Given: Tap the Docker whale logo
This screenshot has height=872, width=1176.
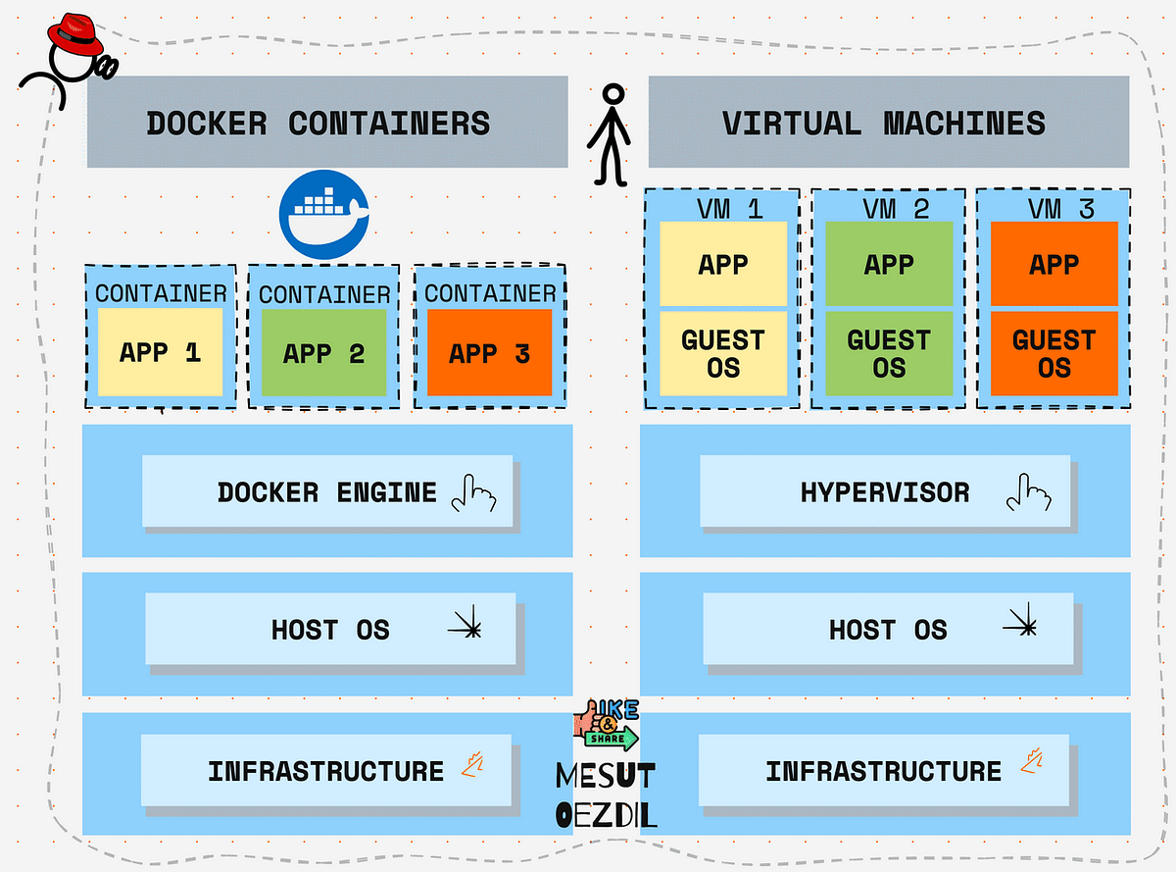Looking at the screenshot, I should tap(323, 213).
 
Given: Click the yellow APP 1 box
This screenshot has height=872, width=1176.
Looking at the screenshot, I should tap(160, 352).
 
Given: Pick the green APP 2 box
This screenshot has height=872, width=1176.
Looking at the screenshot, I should tap(323, 353).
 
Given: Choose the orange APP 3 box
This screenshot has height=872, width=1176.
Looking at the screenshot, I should tap(489, 353).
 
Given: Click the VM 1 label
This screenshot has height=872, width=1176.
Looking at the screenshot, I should tap(723, 207).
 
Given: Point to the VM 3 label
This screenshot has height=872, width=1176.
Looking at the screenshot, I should tap(1054, 207).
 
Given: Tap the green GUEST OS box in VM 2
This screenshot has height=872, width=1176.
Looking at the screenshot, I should tap(889, 353).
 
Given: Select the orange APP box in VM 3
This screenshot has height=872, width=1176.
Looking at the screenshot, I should tap(1054, 264).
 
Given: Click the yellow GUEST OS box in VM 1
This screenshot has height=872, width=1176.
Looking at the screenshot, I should tap(723, 353).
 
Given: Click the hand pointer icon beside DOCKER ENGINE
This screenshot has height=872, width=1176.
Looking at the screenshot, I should tap(472, 494).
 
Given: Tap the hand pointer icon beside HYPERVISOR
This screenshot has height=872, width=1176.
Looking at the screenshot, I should tap(1028, 493).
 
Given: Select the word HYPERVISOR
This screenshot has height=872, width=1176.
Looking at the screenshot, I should tap(885, 492).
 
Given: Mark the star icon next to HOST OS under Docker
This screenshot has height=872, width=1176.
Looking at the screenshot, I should tap(465, 626).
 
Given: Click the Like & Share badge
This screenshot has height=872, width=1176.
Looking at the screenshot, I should tap(608, 727).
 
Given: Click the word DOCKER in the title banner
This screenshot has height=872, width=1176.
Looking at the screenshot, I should tap(207, 124).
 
